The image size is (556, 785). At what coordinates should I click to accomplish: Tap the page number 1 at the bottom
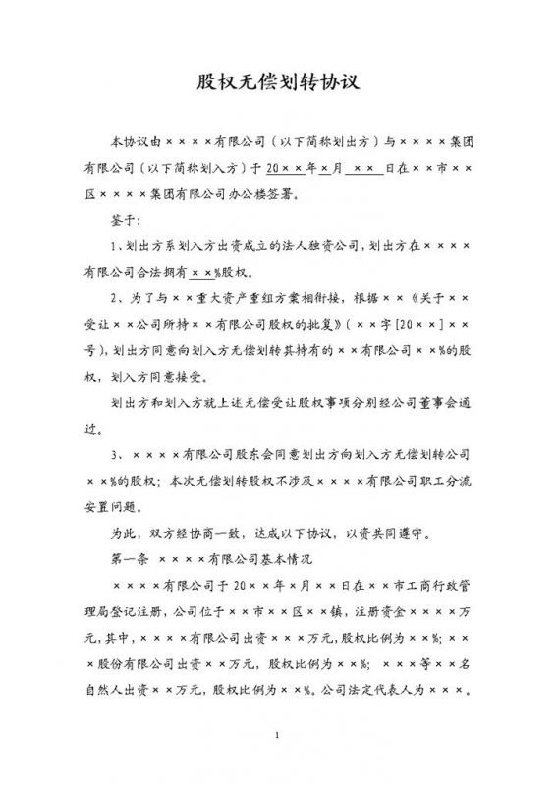click(278, 735)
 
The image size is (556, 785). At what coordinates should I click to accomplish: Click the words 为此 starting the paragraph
click(125, 534)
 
